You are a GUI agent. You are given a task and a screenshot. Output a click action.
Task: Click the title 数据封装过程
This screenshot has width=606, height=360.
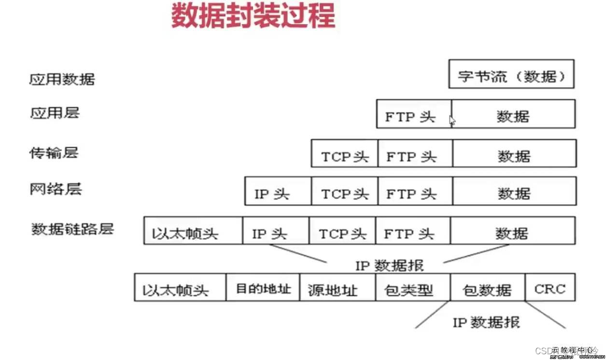253,16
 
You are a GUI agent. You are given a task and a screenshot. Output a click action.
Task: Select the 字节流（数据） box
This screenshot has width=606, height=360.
511,74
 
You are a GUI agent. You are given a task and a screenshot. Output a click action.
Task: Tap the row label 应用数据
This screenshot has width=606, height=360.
62,79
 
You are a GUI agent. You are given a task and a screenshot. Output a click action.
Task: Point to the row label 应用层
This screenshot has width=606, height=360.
54,113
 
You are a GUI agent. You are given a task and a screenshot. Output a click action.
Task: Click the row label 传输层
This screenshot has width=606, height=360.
54,153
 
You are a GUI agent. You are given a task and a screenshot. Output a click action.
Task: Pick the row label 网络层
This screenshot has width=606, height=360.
56,189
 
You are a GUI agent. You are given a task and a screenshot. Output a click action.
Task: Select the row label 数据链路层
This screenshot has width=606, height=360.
72,228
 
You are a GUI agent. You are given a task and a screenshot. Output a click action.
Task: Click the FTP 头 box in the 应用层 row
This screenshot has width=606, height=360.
414,114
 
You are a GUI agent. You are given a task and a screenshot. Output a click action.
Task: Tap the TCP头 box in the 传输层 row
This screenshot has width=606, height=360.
344,154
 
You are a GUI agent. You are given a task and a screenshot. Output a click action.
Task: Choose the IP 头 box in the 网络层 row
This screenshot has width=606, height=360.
278,191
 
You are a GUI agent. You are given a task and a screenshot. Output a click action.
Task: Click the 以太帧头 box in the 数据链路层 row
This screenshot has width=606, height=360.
193,231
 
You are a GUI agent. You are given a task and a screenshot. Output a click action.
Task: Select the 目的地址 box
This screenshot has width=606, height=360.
263,288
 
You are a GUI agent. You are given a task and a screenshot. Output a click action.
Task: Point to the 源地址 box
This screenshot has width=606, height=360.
337,288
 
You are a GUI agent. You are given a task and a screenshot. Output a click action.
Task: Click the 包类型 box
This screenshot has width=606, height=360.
413,288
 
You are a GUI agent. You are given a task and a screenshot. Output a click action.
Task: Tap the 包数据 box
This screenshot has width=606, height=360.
487,288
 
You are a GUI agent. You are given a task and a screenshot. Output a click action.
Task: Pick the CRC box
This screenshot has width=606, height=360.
550,288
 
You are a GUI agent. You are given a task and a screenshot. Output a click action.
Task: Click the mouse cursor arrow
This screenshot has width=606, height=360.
452,120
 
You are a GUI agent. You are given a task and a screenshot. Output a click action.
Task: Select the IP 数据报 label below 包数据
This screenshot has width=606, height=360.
486,322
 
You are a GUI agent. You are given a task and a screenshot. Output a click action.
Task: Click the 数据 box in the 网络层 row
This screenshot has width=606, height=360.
514,191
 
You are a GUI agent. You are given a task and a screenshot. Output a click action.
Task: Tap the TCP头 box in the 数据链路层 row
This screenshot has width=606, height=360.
342,231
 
